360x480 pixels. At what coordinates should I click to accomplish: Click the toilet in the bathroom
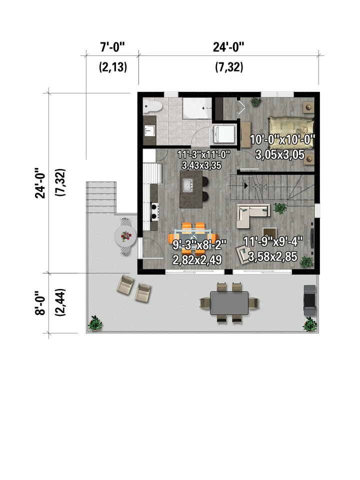click(x=152, y=106)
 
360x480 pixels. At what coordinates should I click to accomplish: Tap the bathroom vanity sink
click(x=149, y=131)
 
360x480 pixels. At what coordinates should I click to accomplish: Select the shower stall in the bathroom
click(x=197, y=108)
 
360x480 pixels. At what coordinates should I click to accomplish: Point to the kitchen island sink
click(x=187, y=185)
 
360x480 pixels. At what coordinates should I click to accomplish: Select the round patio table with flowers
click(x=125, y=236)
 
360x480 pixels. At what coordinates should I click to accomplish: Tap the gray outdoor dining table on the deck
click(x=229, y=303)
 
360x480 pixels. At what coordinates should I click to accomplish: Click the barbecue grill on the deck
click(x=309, y=300)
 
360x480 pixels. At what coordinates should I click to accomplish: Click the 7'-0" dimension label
click(x=112, y=47)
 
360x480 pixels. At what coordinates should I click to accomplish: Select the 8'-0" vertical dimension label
click(x=40, y=303)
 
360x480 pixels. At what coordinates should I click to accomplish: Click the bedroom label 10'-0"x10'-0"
click(x=282, y=139)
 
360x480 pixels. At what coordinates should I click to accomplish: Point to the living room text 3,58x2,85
click(x=272, y=256)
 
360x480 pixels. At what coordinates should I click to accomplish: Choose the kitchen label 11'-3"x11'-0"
click(x=203, y=154)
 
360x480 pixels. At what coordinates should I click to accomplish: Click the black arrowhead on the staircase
click(x=246, y=185)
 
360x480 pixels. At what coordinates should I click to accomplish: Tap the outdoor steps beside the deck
click(x=101, y=197)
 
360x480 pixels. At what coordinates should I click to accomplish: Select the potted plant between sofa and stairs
click(x=280, y=208)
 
